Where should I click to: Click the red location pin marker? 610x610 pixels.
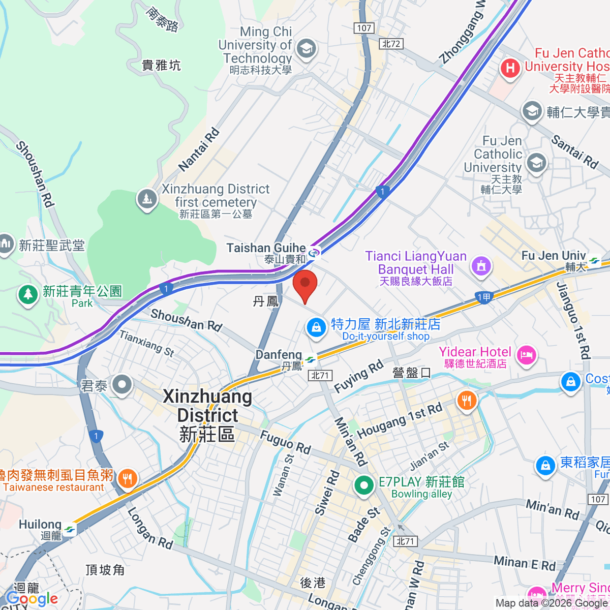(x=305, y=286)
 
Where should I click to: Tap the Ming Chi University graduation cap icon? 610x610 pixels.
(x=307, y=50)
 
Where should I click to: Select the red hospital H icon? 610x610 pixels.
(x=510, y=68)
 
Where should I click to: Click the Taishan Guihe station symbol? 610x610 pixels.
(x=314, y=252)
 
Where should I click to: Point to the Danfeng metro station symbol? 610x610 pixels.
(x=310, y=360)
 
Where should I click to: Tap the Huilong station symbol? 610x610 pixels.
(x=70, y=530)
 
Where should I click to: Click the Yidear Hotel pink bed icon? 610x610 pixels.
(x=526, y=355)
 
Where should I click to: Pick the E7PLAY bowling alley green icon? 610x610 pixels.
(x=363, y=485)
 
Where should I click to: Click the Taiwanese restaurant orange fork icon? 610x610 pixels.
(x=127, y=479)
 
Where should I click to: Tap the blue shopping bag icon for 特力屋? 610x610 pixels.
(x=316, y=327)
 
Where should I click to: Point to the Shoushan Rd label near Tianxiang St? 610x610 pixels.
(x=186, y=320)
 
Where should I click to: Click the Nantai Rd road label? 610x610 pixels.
(x=199, y=149)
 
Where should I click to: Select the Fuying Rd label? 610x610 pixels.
(x=358, y=377)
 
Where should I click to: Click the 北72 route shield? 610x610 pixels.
(x=391, y=44)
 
